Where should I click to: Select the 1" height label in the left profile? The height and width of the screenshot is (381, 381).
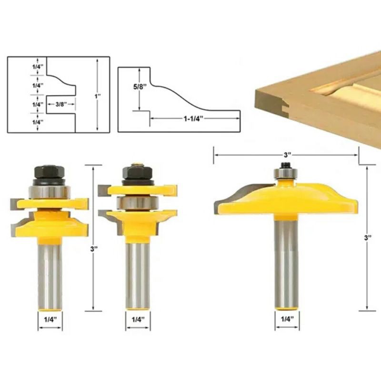98,96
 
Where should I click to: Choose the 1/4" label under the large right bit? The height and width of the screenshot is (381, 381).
287,319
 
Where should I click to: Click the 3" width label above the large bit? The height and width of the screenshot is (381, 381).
286,155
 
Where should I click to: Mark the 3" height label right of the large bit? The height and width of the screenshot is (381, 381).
367,238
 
